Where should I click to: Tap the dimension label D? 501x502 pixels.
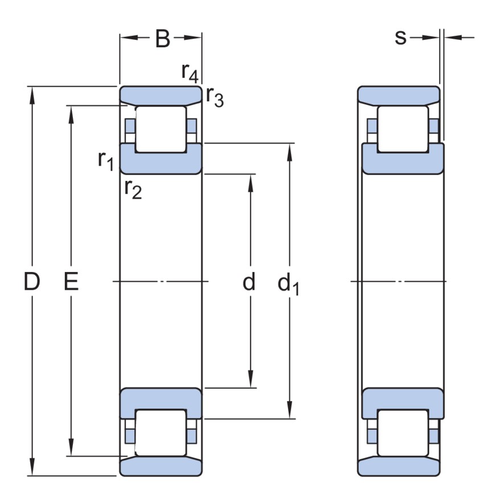click(32, 282)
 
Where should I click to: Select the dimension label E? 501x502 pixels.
click(71, 282)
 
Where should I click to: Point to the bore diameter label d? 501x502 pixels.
click(249, 282)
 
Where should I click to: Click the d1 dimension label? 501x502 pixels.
click(288, 283)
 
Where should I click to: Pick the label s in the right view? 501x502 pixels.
click(401, 38)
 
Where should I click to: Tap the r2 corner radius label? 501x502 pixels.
click(133, 189)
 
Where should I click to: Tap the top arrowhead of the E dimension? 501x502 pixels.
click(71, 112)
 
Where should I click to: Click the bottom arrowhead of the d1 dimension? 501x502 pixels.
click(290, 412)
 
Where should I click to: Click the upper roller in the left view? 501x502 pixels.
click(160, 129)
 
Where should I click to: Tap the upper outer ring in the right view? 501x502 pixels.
click(399, 95)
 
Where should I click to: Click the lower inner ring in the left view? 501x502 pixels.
click(160, 398)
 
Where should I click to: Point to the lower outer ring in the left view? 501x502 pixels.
click(160, 467)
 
